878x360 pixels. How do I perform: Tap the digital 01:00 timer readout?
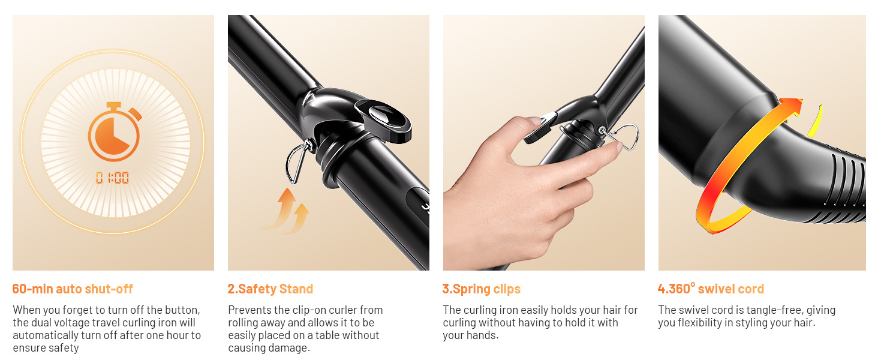pyautogui.click(x=113, y=178)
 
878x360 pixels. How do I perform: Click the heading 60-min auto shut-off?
pyautogui.click(x=73, y=289)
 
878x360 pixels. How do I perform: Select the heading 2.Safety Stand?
pyautogui.click(x=270, y=289)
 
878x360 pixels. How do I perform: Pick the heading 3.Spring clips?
pyautogui.click(x=482, y=289)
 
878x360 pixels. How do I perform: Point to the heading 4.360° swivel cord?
pyautogui.click(x=711, y=289)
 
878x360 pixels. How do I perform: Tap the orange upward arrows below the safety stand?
pyautogui.click(x=286, y=210)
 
